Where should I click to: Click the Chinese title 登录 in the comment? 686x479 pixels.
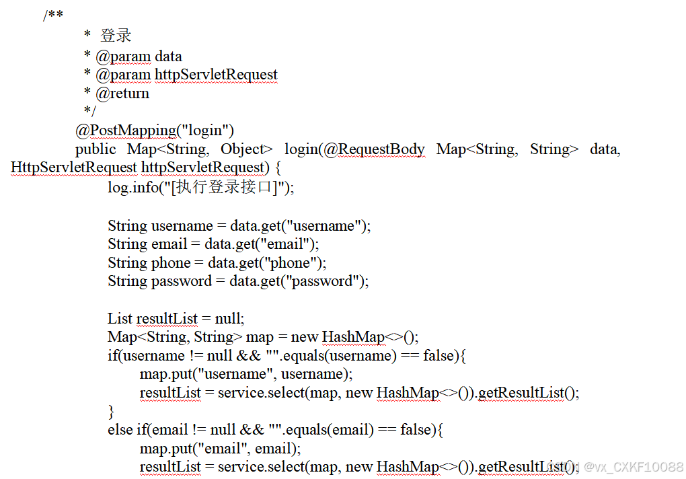pyautogui.click(x=116, y=36)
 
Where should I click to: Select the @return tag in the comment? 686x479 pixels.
pyautogui.click(x=122, y=94)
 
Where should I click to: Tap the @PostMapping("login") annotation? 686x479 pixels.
pyautogui.click(x=155, y=130)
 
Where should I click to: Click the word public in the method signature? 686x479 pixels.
pyautogui.click(x=96, y=149)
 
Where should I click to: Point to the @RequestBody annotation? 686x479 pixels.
pyautogui.click(x=374, y=149)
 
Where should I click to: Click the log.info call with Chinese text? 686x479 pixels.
pyautogui.click(x=200, y=187)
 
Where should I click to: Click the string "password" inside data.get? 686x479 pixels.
pyautogui.click(x=329, y=281)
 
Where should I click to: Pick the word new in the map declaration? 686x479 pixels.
pyautogui.click(x=305, y=337)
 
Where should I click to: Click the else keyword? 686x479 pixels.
pyautogui.click(x=120, y=429)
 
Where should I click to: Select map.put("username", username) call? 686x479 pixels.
pyautogui.click(x=245, y=373)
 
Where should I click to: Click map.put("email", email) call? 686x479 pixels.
pyautogui.click(x=220, y=448)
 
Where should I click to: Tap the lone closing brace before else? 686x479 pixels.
pyautogui.click(x=111, y=410)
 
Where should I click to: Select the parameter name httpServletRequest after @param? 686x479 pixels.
pyautogui.click(x=216, y=75)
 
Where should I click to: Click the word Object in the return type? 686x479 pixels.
pyautogui.click(x=246, y=149)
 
